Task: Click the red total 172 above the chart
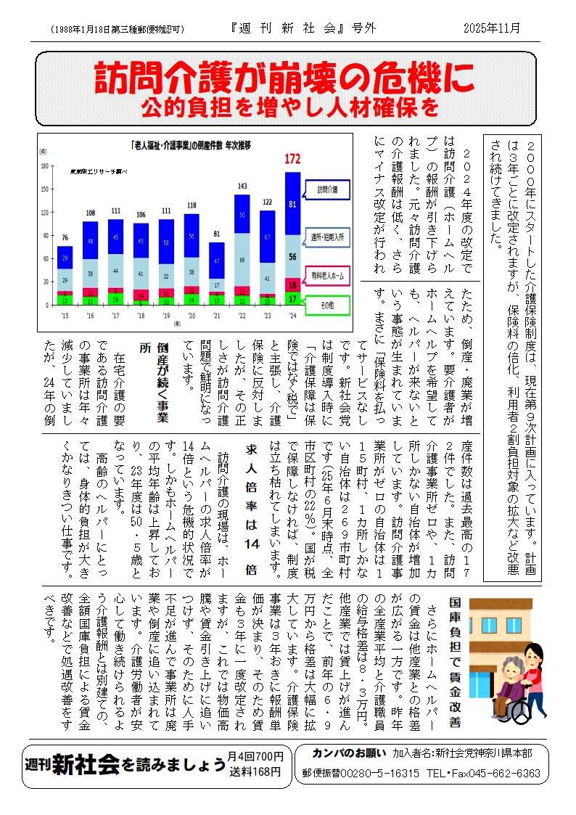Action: pyautogui.click(x=292, y=159)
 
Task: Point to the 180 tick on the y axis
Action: pyautogui.click(x=45, y=166)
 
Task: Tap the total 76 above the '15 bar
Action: pyautogui.click(x=65, y=238)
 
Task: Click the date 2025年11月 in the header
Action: pyautogui.click(x=492, y=28)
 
